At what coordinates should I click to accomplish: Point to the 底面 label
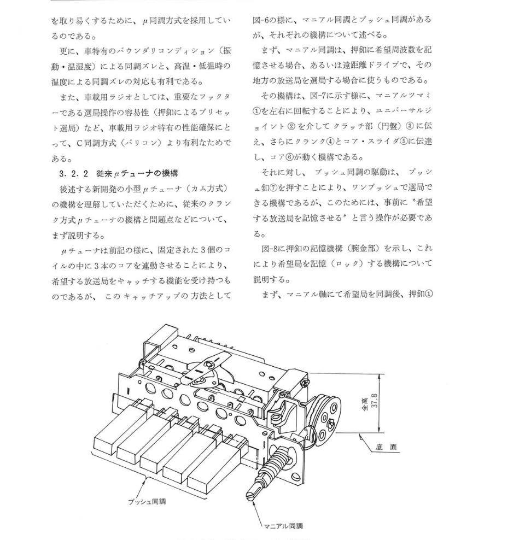[387, 448]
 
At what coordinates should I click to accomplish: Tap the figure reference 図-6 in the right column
[262, 19]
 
